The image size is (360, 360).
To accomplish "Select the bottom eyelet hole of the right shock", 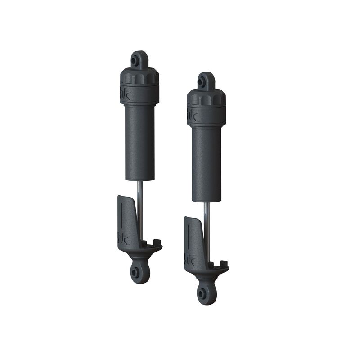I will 202,292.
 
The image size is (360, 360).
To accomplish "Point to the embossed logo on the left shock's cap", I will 125,92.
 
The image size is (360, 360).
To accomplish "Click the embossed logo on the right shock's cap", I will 192,113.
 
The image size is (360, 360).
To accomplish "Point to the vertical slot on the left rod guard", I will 121,216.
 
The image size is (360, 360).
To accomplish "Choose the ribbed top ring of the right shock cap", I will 206,98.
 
